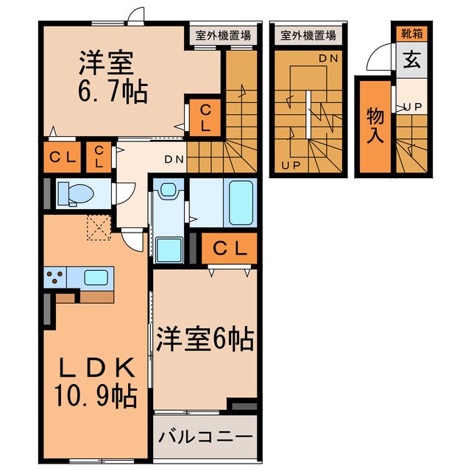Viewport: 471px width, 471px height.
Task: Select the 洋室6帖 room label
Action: (205, 339)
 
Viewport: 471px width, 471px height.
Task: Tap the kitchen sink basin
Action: (96, 277)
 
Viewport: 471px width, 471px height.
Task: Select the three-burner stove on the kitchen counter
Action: (54, 277)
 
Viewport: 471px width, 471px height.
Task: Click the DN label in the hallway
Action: (174, 158)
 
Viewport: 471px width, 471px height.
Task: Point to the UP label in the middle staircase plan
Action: (290, 165)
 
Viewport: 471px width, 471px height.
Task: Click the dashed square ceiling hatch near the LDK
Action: (97, 227)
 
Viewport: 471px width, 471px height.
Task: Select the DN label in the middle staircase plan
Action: (327, 57)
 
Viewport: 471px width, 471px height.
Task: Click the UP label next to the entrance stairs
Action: (411, 107)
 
